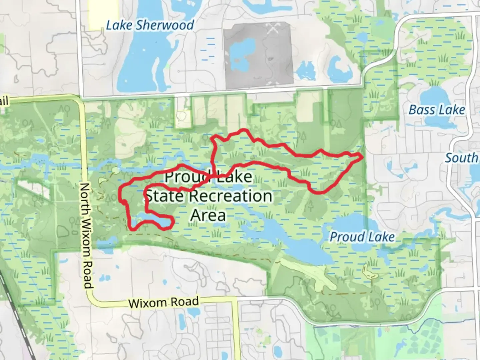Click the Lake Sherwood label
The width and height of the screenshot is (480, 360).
150,25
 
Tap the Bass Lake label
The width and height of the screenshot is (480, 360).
436,110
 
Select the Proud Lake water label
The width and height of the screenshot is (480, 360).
362,237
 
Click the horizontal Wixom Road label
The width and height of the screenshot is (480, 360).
163,302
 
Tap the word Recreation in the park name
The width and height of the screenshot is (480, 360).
231,196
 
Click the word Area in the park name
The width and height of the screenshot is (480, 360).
208,215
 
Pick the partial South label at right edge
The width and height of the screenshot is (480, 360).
462,158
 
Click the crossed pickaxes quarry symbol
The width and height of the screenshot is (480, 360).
273,29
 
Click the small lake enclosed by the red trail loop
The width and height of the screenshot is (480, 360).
150,220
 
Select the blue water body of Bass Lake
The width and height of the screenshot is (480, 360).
433,97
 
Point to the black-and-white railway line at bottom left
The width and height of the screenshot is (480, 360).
20,320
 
